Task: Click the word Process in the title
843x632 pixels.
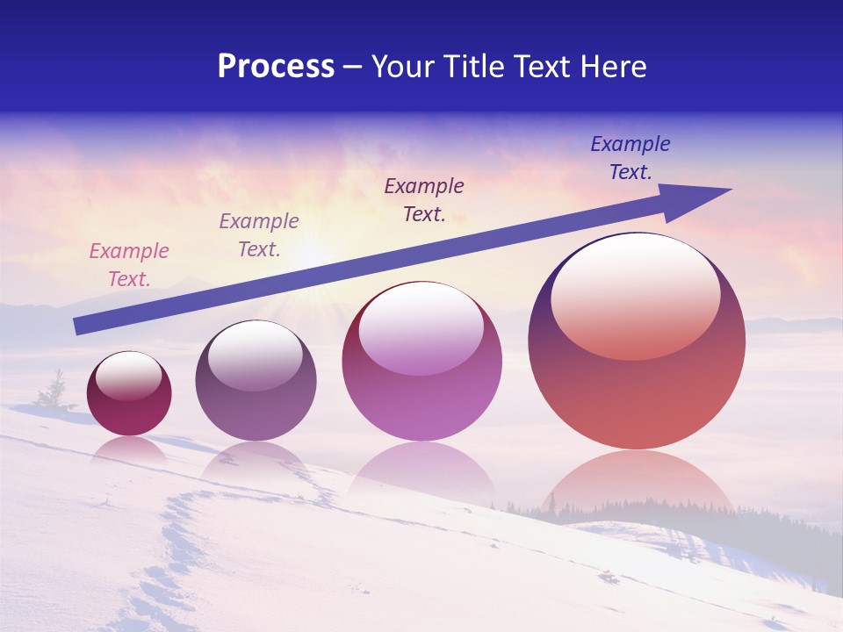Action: click(x=276, y=67)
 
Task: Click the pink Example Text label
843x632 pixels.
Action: click(x=128, y=265)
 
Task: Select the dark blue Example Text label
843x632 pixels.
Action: click(x=630, y=158)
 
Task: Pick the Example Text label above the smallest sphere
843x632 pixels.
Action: click(x=128, y=265)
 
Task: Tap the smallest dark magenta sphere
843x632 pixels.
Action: click(x=129, y=413)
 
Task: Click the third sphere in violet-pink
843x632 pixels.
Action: click(x=421, y=386)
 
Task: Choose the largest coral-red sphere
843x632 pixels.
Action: click(x=637, y=395)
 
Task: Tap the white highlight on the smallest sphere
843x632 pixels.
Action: click(x=128, y=376)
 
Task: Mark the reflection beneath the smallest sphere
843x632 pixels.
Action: click(x=129, y=449)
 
